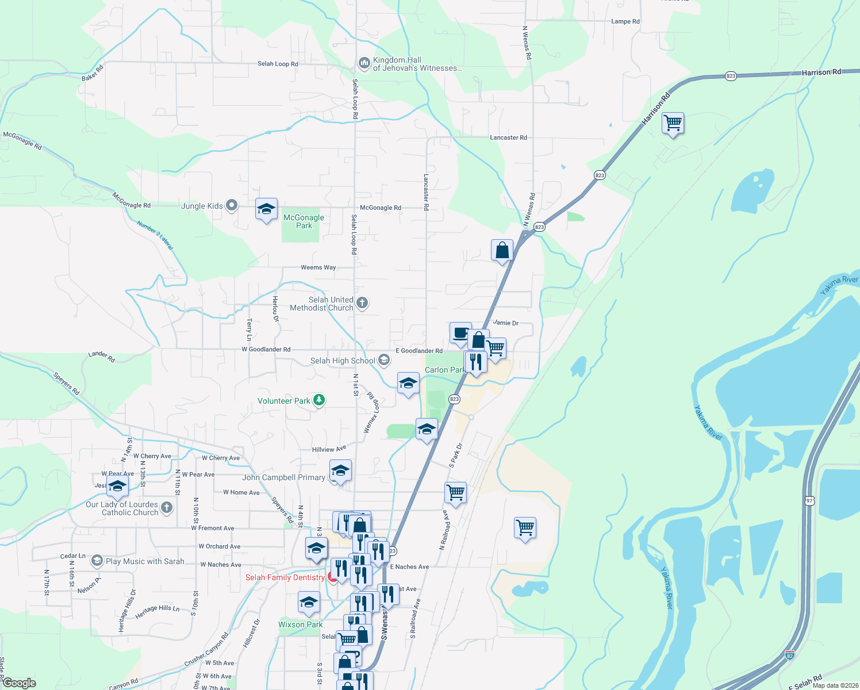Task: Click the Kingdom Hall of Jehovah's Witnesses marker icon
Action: [x=363, y=63]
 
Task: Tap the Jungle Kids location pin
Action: [x=232, y=205]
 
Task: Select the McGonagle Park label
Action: [x=304, y=221]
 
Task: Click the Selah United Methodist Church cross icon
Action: [x=362, y=302]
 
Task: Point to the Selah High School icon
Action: [x=384, y=361]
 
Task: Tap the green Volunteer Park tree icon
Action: [x=318, y=400]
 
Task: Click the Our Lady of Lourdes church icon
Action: [x=167, y=507]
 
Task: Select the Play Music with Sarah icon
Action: [x=97, y=561]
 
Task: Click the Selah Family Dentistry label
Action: [x=285, y=577]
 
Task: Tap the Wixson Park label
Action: [x=301, y=624]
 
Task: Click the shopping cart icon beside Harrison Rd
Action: [x=673, y=123]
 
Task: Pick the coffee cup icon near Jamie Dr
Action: [x=460, y=333]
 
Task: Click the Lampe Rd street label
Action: [x=625, y=21]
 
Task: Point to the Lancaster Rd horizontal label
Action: [x=508, y=137]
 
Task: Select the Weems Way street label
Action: [x=318, y=267]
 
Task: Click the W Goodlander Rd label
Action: [x=266, y=349]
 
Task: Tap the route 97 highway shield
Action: [x=809, y=501]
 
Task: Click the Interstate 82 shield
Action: [x=789, y=654]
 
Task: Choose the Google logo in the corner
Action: [x=19, y=683]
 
